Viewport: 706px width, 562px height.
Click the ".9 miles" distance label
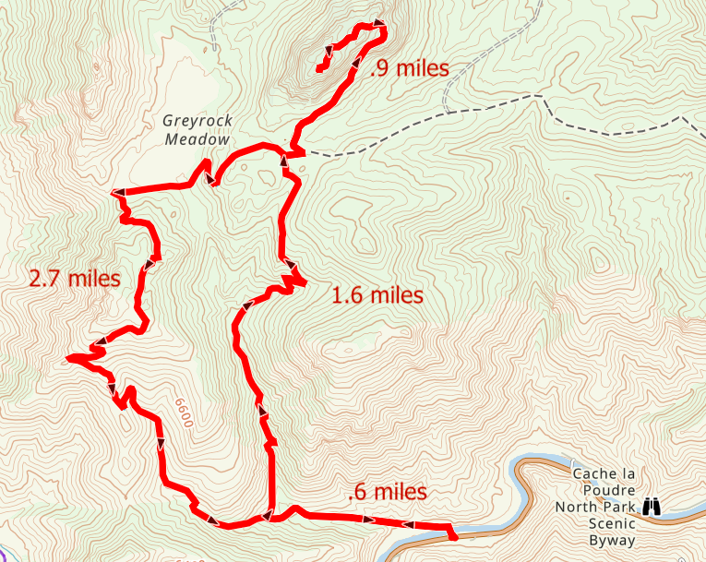(x=408, y=68)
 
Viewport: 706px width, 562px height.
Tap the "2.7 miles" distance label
(x=75, y=278)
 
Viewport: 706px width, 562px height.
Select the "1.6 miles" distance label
(x=377, y=295)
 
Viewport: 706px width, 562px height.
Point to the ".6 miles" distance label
(x=388, y=492)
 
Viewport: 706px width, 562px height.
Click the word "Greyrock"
(x=195, y=120)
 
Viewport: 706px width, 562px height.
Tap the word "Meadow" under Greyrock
(x=196, y=139)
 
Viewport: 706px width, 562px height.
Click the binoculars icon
(x=652, y=506)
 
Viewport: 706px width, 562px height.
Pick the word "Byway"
(x=614, y=540)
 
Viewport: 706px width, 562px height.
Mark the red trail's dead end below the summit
(x=318, y=68)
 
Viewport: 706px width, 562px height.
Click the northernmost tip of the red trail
(x=379, y=23)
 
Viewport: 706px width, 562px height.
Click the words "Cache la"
(x=604, y=473)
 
